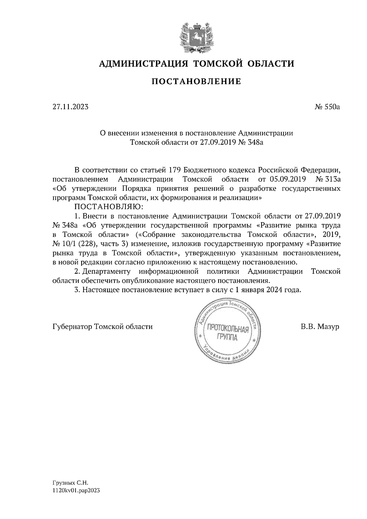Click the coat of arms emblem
pyautogui.click(x=196, y=36)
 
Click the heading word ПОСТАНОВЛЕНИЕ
pyautogui.click(x=197, y=82)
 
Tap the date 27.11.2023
pyautogui.click(x=70, y=107)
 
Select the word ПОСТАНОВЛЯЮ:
pyautogui.click(x=107, y=207)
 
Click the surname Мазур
pyautogui.click(x=328, y=327)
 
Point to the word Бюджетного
pyautogui.click(x=202, y=170)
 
